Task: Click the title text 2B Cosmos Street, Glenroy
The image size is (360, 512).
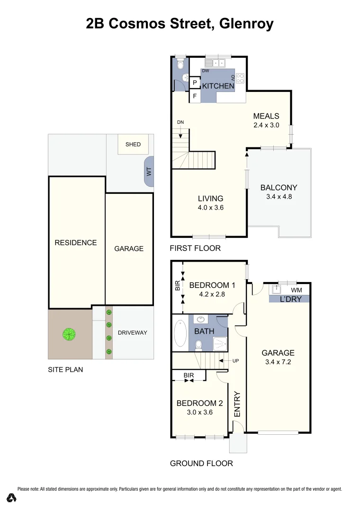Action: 180,24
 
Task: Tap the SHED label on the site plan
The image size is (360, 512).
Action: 133,144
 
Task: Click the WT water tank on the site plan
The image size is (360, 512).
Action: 148,171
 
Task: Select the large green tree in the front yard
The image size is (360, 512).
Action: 69,334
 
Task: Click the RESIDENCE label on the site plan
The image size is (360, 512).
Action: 76,243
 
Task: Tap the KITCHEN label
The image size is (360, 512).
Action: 218,86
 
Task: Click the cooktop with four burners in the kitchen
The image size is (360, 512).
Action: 240,78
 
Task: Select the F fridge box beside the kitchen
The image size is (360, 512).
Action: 195,96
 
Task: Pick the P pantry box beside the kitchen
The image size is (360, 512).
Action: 195,82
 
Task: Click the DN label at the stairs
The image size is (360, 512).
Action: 180,122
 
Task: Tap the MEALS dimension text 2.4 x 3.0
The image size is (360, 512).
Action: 266,126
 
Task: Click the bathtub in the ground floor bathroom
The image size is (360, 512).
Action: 180,334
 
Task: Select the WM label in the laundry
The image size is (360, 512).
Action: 297,290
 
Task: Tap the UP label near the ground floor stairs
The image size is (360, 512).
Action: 235,361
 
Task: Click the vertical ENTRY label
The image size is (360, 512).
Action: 237,404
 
